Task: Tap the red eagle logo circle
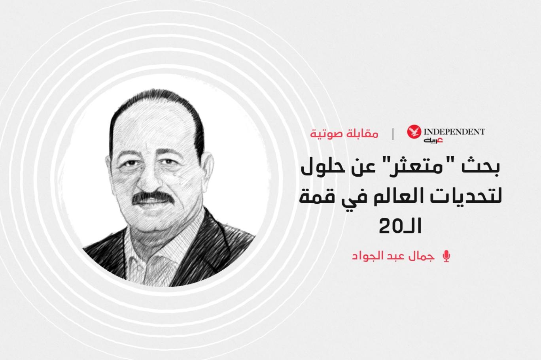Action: (x=414, y=132)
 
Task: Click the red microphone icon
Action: (x=447, y=256)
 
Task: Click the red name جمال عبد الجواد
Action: (x=393, y=256)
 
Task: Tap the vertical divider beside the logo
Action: (x=393, y=134)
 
